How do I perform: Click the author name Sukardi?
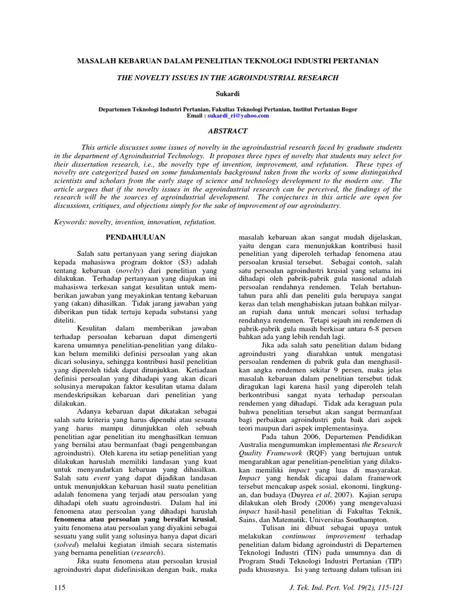click(x=229, y=94)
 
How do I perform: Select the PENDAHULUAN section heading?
click(x=130, y=236)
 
